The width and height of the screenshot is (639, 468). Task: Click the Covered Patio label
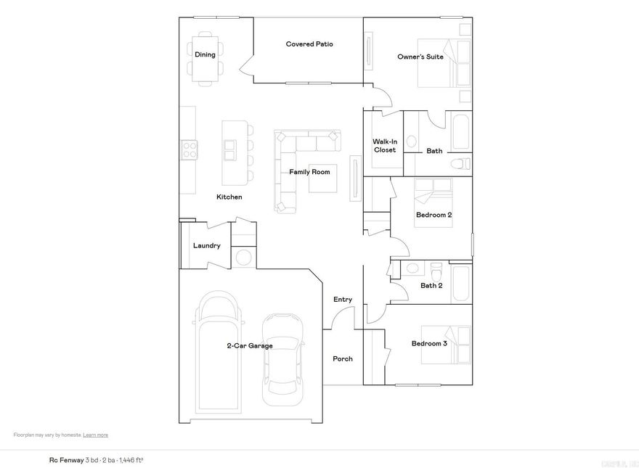tap(309, 44)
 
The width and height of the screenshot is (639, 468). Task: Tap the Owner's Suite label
tap(420, 57)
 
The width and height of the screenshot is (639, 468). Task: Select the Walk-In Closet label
tap(385, 146)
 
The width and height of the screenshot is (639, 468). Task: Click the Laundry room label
tap(206, 246)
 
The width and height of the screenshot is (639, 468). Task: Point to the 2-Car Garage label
tap(250, 346)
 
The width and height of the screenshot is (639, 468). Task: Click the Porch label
tap(343, 359)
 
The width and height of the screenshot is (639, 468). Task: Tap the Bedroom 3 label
tap(429, 343)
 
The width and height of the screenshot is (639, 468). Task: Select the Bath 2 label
tap(431, 285)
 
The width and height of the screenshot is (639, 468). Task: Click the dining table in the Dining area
tap(205, 54)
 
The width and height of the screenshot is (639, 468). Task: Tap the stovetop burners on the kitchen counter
tap(189, 149)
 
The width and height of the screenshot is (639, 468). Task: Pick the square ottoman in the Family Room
tap(323, 177)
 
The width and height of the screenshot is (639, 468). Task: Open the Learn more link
tap(95, 435)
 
